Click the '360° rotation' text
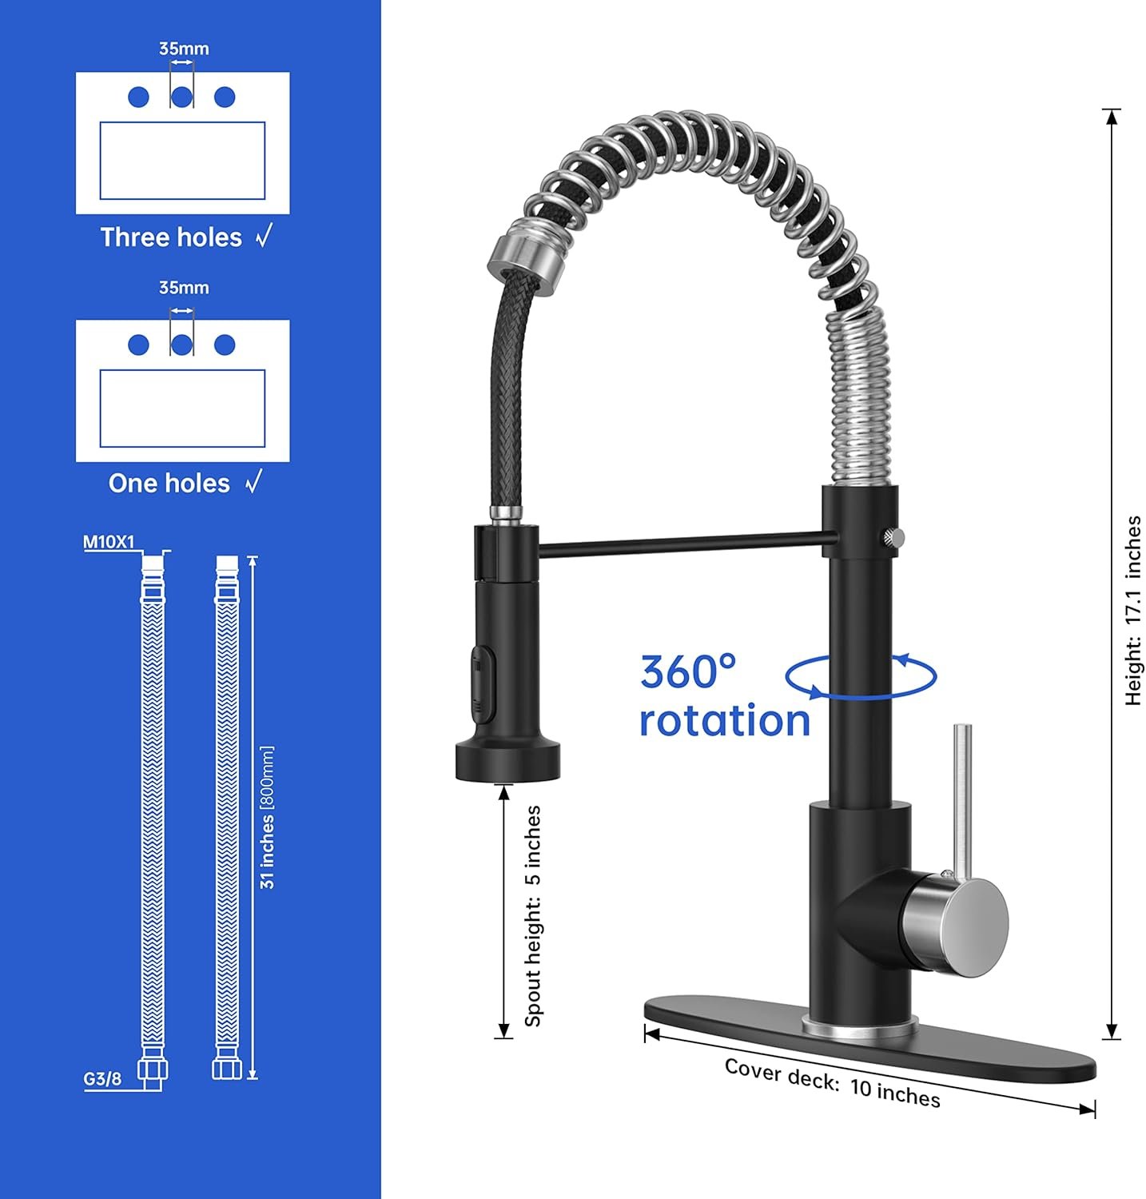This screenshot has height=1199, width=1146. (x=723, y=695)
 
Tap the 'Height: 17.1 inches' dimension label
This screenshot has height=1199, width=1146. (x=1132, y=611)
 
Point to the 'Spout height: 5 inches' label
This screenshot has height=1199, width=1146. (x=533, y=916)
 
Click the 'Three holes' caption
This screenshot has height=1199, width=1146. (x=171, y=237)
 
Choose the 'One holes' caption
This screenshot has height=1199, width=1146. (x=169, y=484)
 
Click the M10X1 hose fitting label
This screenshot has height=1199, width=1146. (x=109, y=543)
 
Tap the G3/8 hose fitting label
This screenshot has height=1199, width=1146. (x=103, y=1079)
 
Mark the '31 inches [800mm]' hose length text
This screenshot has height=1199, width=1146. (x=267, y=817)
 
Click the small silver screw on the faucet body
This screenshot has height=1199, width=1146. (x=893, y=537)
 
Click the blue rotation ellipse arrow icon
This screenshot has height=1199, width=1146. (x=861, y=677)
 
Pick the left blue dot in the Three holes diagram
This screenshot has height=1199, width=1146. (x=138, y=98)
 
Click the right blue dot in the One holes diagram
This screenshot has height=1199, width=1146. (x=225, y=345)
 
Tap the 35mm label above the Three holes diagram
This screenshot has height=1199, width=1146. (x=184, y=49)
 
